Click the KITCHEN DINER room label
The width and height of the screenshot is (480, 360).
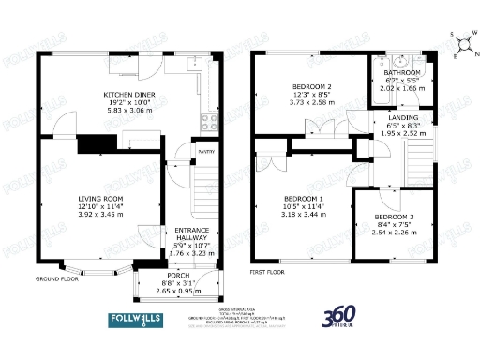(130, 95)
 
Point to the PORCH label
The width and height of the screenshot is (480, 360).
(178, 276)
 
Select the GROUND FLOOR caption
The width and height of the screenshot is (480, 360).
(55, 278)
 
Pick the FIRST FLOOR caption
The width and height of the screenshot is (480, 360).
(269, 272)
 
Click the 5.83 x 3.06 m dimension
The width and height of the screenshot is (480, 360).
(130, 110)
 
